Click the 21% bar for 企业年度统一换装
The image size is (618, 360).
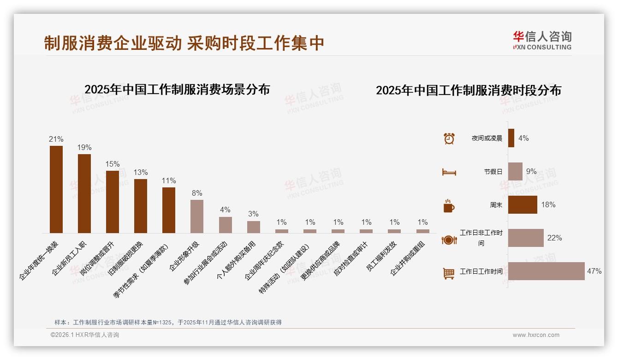coord(56,189)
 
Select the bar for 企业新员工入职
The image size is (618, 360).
coord(84,193)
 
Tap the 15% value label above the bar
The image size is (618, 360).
coord(113,164)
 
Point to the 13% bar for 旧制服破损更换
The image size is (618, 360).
coord(141,206)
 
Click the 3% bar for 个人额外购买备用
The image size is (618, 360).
coord(253,227)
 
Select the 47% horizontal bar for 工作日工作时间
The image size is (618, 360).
coord(546,271)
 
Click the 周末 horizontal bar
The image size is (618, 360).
coord(523,205)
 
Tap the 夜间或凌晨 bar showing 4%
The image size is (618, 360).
coord(511,138)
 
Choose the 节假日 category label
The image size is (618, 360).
coord(493,172)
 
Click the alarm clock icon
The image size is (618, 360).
coord(449,138)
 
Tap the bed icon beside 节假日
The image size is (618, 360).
coord(449,172)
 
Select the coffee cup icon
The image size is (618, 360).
coord(449,206)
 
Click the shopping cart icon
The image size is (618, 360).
coord(449,273)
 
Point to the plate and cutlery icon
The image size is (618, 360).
coord(449,240)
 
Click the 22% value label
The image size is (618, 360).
coord(554,238)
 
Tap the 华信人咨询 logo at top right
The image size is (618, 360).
coord(542,40)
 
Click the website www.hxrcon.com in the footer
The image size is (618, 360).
coord(536,335)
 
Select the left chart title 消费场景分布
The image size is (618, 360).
coord(177,90)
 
